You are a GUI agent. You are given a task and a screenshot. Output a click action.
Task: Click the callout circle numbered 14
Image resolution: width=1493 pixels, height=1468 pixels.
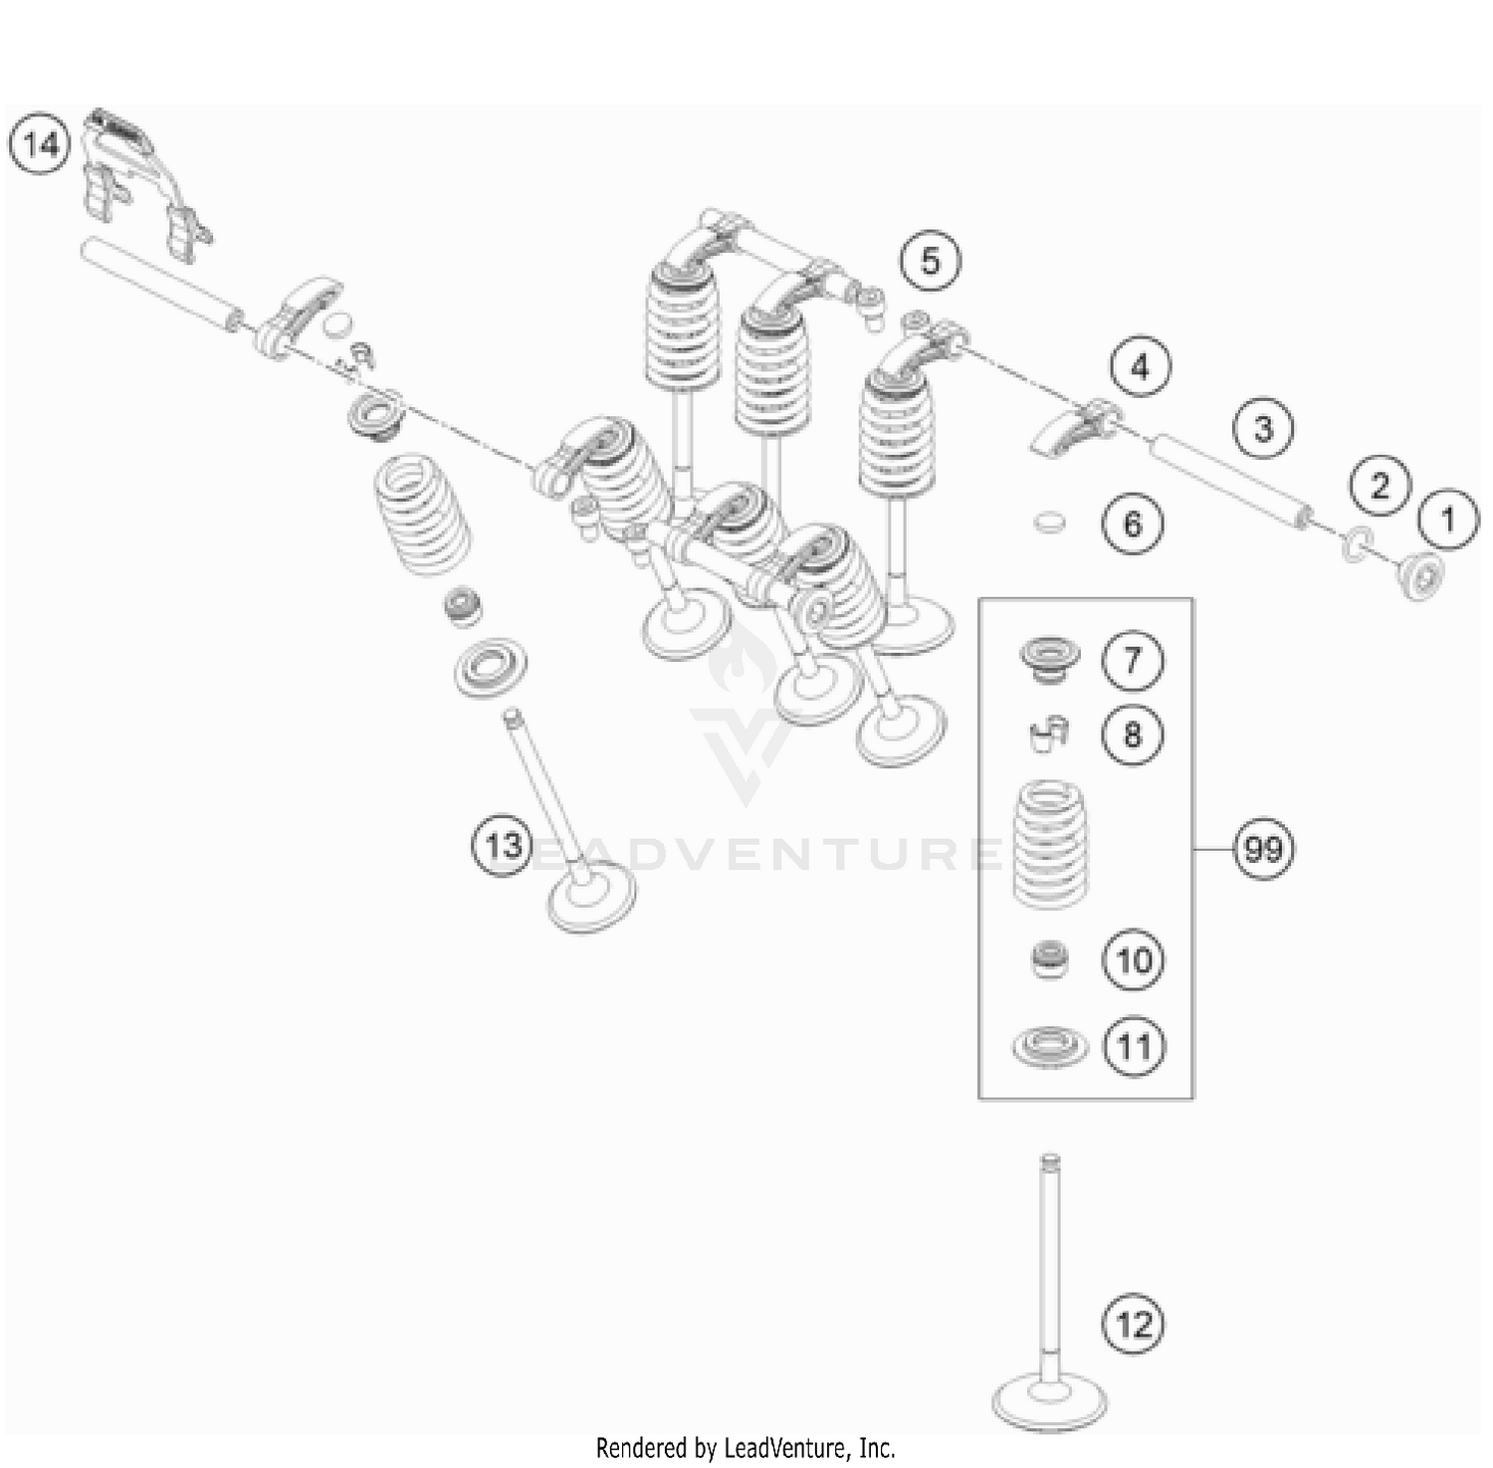(41, 145)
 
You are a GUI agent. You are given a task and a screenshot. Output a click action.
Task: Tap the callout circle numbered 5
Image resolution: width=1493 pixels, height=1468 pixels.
(930, 262)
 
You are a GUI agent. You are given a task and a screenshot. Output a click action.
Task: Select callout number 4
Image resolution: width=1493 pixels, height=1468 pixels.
(1140, 368)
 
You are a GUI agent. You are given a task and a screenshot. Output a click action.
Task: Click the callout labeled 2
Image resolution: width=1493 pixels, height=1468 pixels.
(1380, 486)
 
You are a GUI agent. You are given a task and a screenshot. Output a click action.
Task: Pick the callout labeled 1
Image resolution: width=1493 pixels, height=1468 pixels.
(1448, 519)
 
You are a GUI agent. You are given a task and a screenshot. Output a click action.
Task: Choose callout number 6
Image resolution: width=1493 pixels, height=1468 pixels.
(1133, 524)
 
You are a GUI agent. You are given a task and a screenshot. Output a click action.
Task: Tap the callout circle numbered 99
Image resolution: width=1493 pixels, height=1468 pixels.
(1263, 850)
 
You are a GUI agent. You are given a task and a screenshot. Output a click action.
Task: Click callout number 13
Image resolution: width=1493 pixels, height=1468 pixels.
(503, 846)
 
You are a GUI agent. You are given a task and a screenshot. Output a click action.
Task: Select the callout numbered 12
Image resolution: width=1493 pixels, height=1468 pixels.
(1133, 1325)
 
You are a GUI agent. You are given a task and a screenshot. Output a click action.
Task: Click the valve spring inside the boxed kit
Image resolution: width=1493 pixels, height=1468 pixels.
(1050, 844)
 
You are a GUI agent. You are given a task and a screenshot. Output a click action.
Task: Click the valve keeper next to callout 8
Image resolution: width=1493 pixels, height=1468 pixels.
(1048, 734)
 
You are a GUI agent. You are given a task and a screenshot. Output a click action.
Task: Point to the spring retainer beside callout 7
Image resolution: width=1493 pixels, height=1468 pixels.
(1049, 659)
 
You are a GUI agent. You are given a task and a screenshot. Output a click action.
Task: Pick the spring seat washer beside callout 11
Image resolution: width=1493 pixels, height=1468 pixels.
(1049, 1046)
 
